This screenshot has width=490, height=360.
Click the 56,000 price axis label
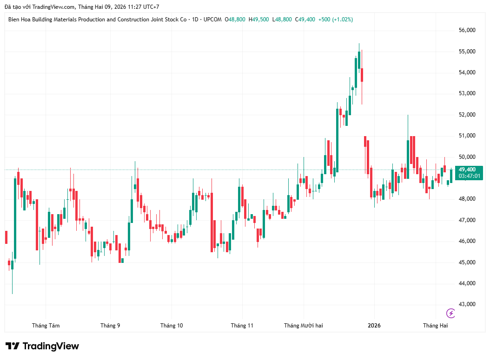coord(467,30)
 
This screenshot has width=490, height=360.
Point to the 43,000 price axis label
coord(467,304)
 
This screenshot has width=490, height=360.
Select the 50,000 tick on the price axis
coord(467,157)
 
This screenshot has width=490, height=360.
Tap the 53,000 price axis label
coord(467,93)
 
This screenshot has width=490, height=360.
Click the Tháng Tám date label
coord(46,326)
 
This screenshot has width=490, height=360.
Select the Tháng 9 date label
coord(110,326)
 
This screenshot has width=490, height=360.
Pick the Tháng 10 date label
coord(172,326)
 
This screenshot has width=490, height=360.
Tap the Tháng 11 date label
coord(242,326)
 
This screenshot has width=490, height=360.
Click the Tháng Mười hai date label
coord(304,326)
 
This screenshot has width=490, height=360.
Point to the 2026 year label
coord(374,326)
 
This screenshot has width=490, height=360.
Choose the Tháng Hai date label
coord(435,326)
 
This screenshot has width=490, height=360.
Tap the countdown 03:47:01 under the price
coord(470,176)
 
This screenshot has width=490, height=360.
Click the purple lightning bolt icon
coord(450,313)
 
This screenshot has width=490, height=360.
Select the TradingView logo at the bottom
coord(42,346)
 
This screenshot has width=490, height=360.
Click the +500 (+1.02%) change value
coord(336,20)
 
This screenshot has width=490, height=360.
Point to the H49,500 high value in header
coord(258,20)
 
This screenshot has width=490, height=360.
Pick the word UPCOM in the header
coord(212,20)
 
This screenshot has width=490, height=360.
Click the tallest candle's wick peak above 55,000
coord(359,44)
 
